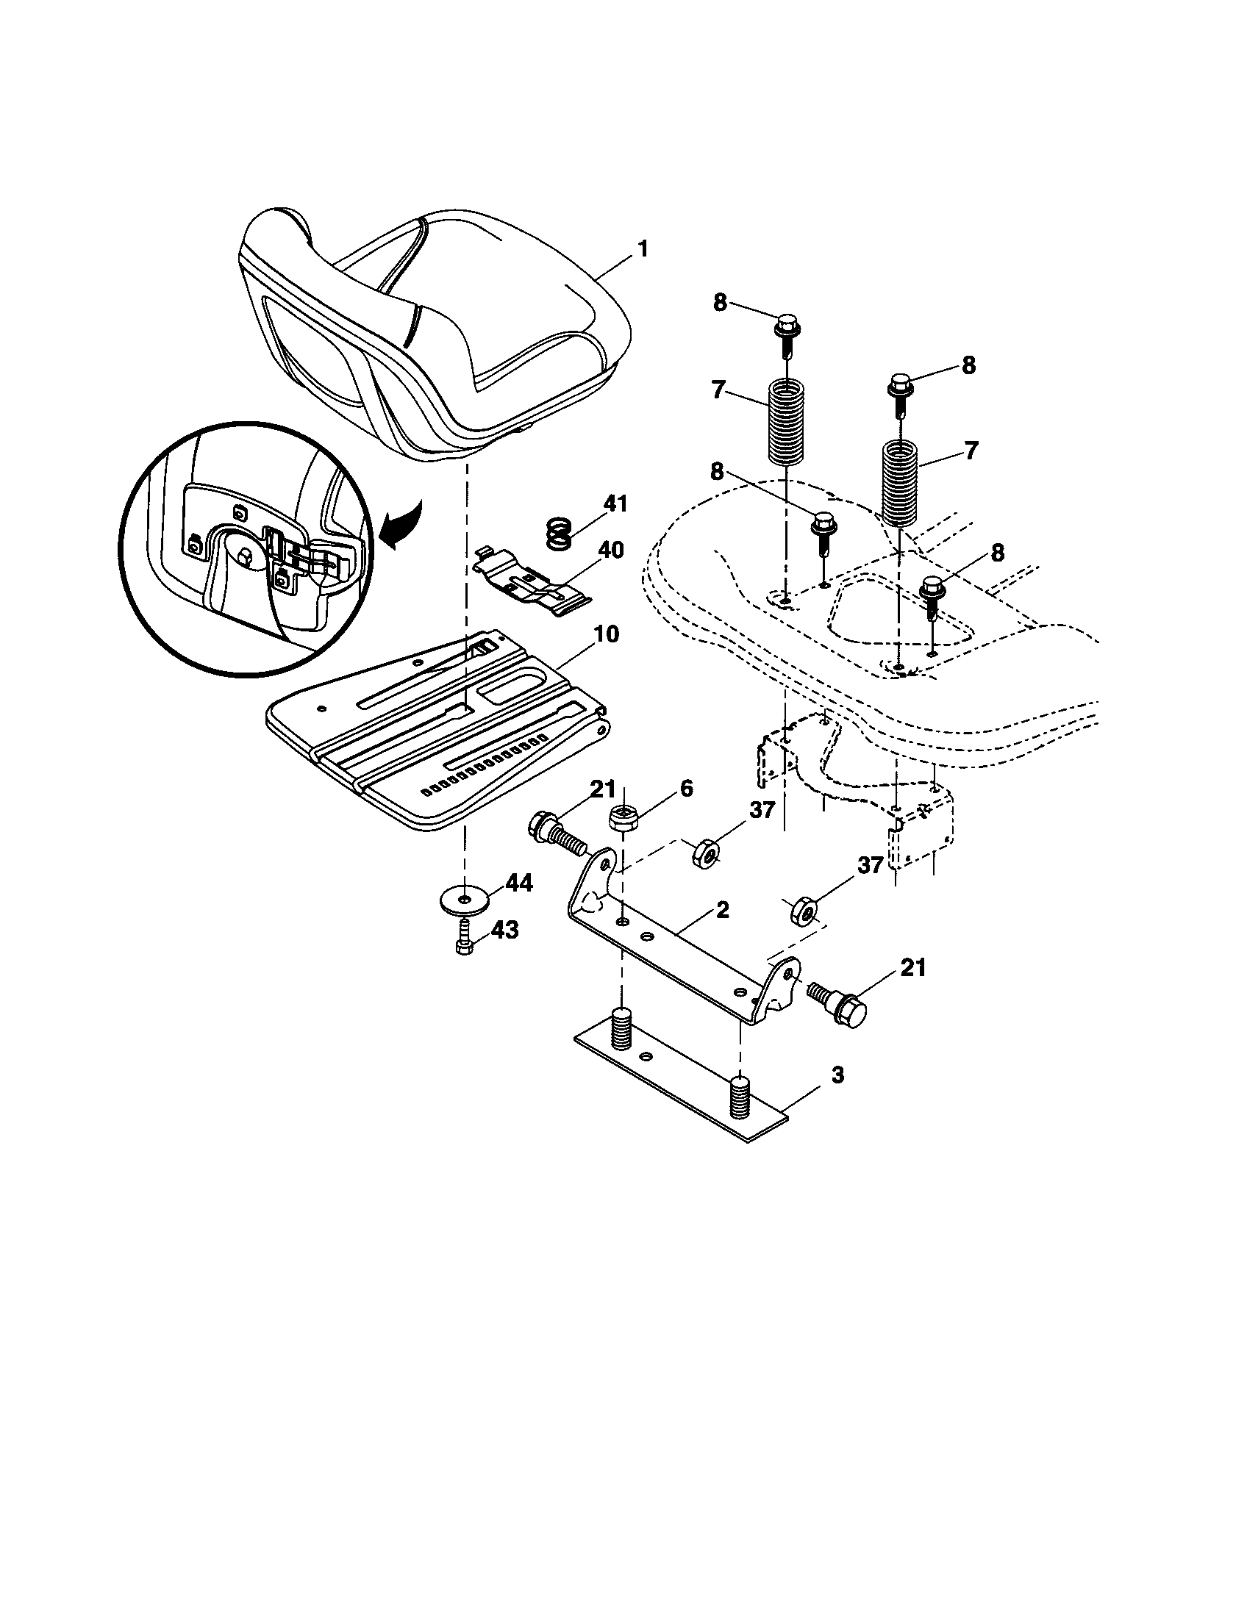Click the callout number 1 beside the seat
[x=642, y=248]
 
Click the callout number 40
[x=610, y=550]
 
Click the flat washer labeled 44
[x=463, y=900]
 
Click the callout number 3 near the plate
[x=837, y=1075]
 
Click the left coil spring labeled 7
[x=786, y=422]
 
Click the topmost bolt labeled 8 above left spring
[x=787, y=334]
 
